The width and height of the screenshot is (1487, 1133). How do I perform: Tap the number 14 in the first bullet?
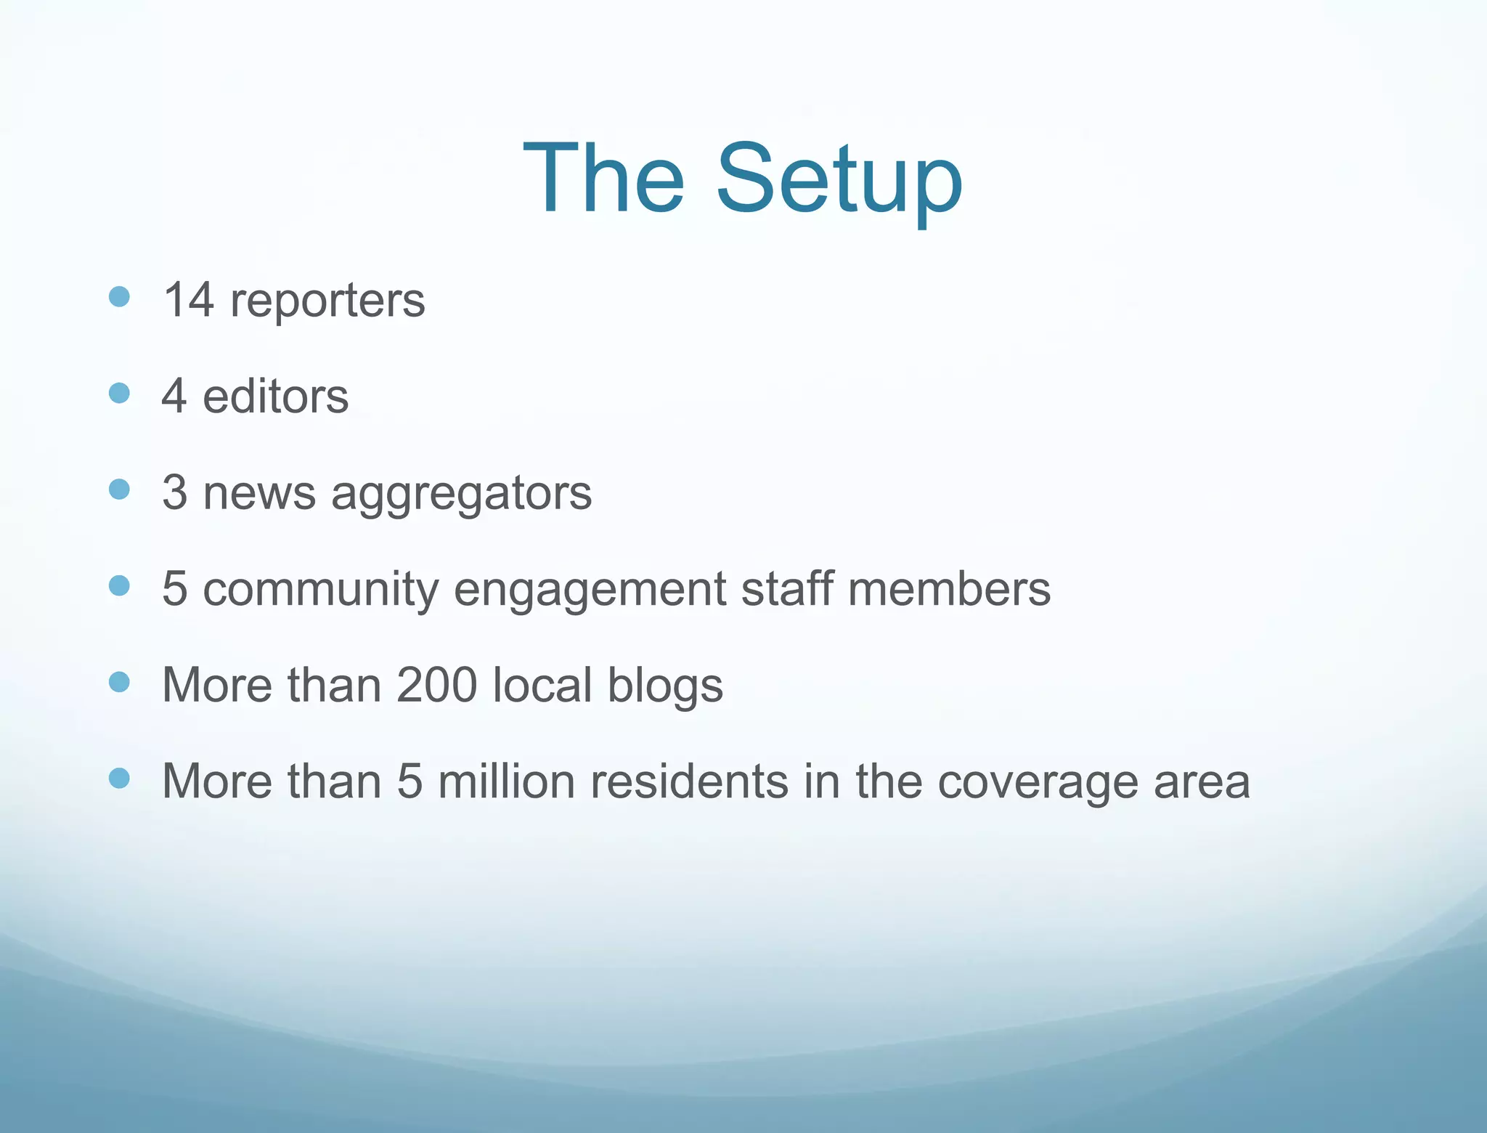pos(188,299)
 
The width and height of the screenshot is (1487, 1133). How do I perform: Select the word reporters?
pos(327,301)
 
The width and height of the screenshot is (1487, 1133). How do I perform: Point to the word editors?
pos(275,397)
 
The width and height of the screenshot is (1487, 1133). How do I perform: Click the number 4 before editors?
pos(174,397)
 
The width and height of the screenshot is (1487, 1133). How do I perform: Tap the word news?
pos(259,493)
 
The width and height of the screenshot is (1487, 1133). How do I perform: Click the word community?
pos(320,589)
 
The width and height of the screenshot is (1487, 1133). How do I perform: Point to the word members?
pos(949,588)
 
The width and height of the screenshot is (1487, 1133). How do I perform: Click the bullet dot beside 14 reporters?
pos(119,296)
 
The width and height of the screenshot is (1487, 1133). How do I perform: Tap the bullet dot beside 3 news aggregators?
pos(119,490)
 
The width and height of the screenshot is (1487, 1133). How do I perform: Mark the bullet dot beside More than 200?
pos(119,682)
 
